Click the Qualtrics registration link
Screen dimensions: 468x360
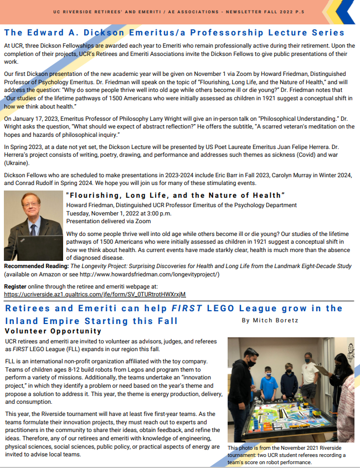(95, 294)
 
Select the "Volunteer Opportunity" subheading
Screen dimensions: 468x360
(53, 331)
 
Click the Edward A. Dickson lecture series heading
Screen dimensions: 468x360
(174, 33)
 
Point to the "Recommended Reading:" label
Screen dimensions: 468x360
(35, 266)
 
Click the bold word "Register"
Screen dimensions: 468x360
(15, 286)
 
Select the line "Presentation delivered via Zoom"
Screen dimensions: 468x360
(108, 220)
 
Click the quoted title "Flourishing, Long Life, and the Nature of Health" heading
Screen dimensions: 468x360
(175, 195)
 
